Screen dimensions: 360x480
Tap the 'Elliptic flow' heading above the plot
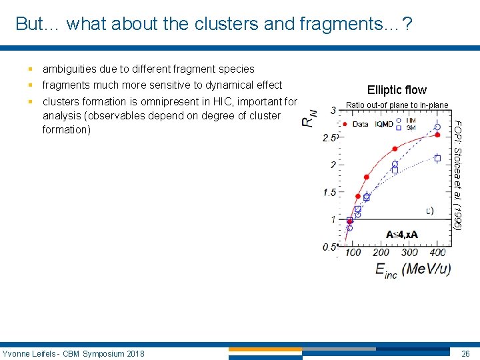click(397, 89)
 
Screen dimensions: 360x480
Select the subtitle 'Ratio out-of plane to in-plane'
click(397, 105)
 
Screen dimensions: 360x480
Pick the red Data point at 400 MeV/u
click(437, 135)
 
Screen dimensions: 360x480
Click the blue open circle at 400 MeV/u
click(437, 127)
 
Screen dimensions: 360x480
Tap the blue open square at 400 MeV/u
click(437, 158)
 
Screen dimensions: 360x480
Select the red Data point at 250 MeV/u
click(395, 149)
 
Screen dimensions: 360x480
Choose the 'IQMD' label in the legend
click(383, 124)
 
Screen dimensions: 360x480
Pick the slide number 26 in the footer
click(465, 353)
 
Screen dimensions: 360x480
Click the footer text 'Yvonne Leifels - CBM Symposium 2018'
click(73, 353)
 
